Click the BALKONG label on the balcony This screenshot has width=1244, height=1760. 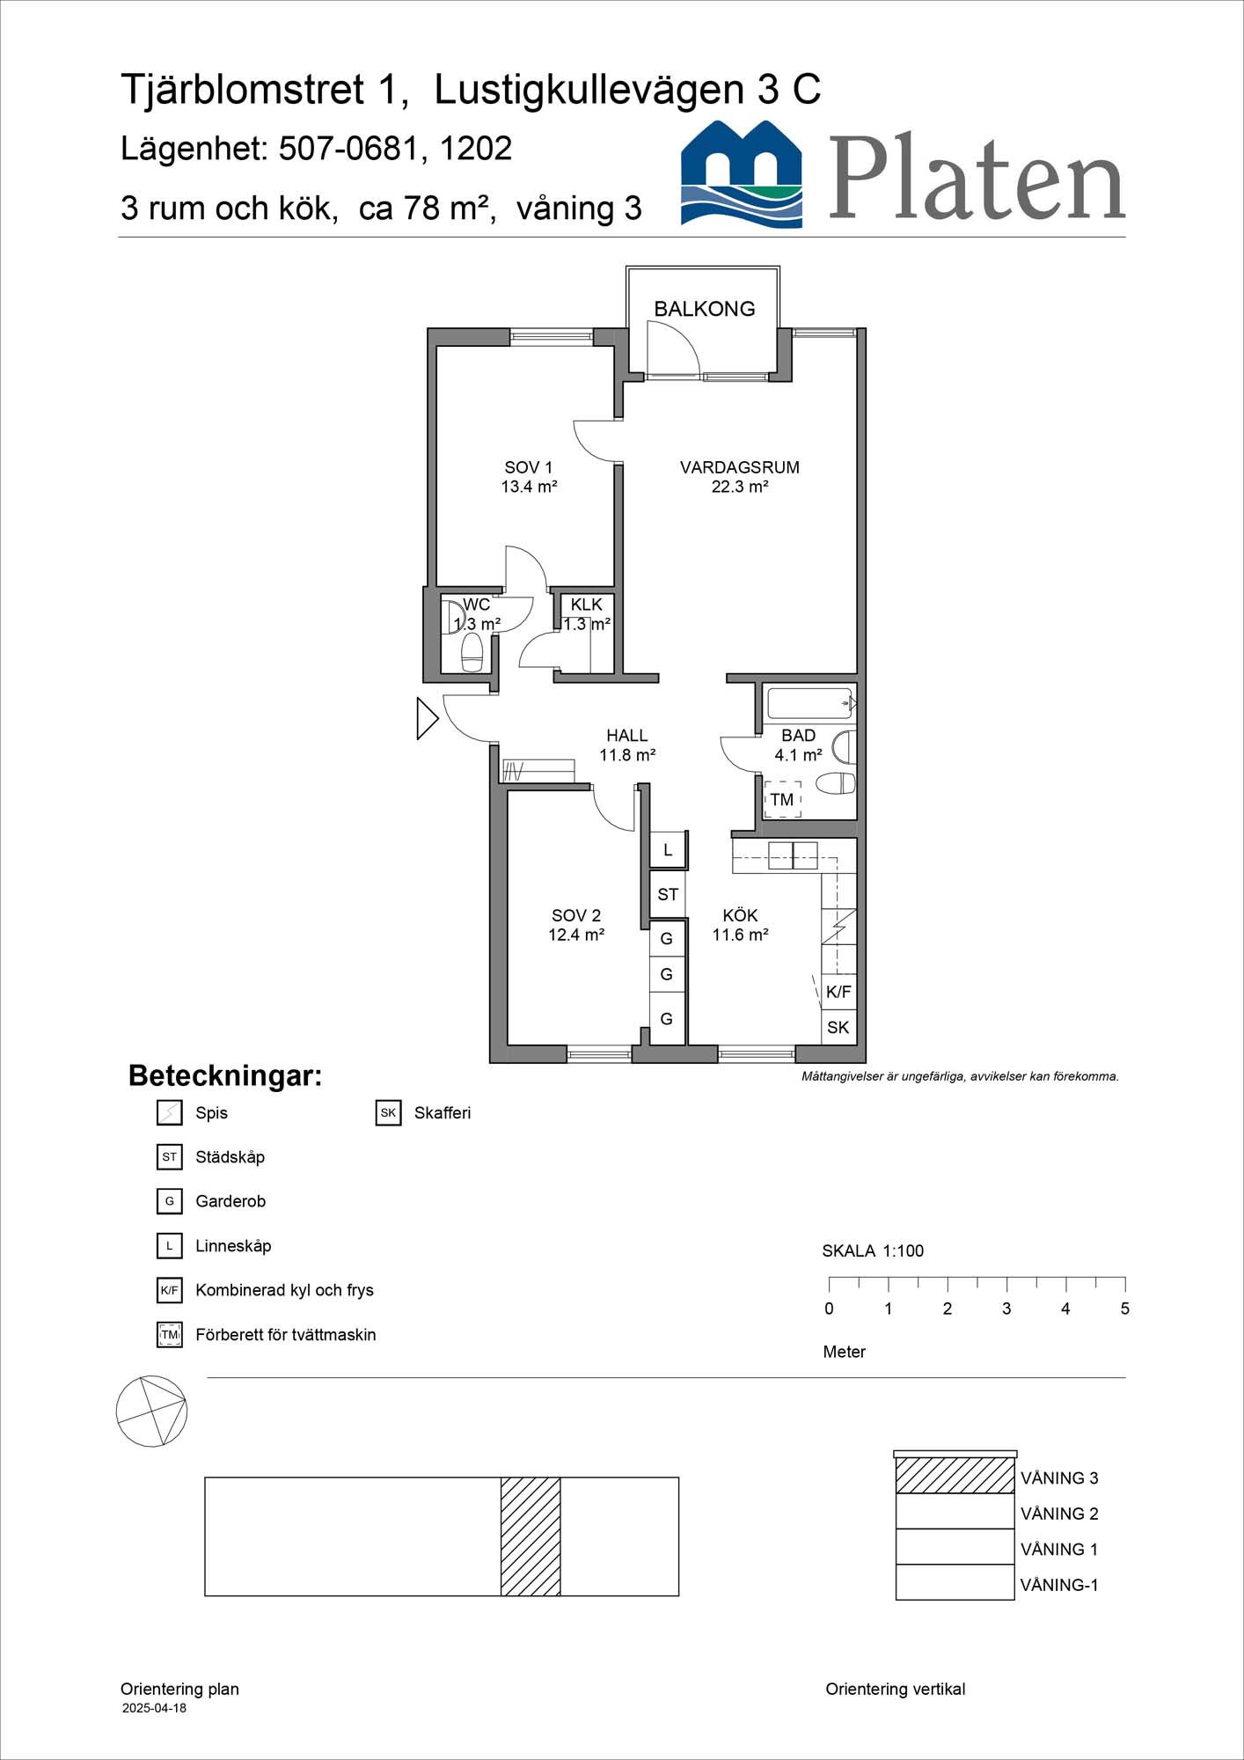pos(704,309)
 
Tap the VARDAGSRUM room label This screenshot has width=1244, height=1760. pos(740,467)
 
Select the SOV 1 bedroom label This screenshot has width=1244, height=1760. pos(528,467)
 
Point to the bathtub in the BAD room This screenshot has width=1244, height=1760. pos(810,704)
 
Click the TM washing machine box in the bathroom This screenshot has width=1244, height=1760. pos(782,799)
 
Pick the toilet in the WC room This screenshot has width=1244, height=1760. pos(472,652)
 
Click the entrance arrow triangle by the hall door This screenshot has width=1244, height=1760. pos(428,718)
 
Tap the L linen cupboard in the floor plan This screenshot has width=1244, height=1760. pos(668,850)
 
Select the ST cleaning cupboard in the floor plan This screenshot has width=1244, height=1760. pos(668,894)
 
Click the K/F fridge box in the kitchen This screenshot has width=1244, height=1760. pos(838,992)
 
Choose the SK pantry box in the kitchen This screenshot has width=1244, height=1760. pos(838,1027)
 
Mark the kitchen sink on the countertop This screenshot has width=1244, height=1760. pos(793,855)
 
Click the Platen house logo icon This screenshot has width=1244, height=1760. pos(742,173)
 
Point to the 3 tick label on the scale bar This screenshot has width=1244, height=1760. pos(1006,1309)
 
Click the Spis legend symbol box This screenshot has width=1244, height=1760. pos(169,1112)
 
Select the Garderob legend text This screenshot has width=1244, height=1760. pos(231,1201)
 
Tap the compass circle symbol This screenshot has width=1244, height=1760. pos(151,1412)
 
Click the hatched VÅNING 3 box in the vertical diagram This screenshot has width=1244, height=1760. pos(955,1476)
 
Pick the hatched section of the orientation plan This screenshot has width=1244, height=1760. pos(531,1536)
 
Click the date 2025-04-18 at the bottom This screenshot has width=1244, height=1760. pos(154,1708)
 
